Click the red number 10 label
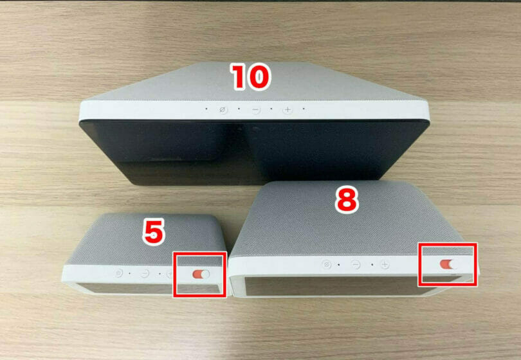[x=251, y=77]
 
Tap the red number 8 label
[x=347, y=199]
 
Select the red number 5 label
[x=154, y=232]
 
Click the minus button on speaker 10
[x=255, y=109]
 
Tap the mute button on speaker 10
[x=223, y=109]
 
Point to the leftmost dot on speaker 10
[x=206, y=109]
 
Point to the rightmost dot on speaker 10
[x=304, y=109]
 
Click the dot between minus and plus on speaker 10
[x=271, y=109]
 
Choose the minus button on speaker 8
[x=356, y=265]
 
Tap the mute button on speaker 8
[x=327, y=264]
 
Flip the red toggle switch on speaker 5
[x=201, y=274]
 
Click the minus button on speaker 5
[x=145, y=274]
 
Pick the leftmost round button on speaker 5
[x=118, y=273]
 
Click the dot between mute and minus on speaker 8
[x=338, y=265]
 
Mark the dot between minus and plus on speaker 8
[x=372, y=265]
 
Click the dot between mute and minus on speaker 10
[x=239, y=109]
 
